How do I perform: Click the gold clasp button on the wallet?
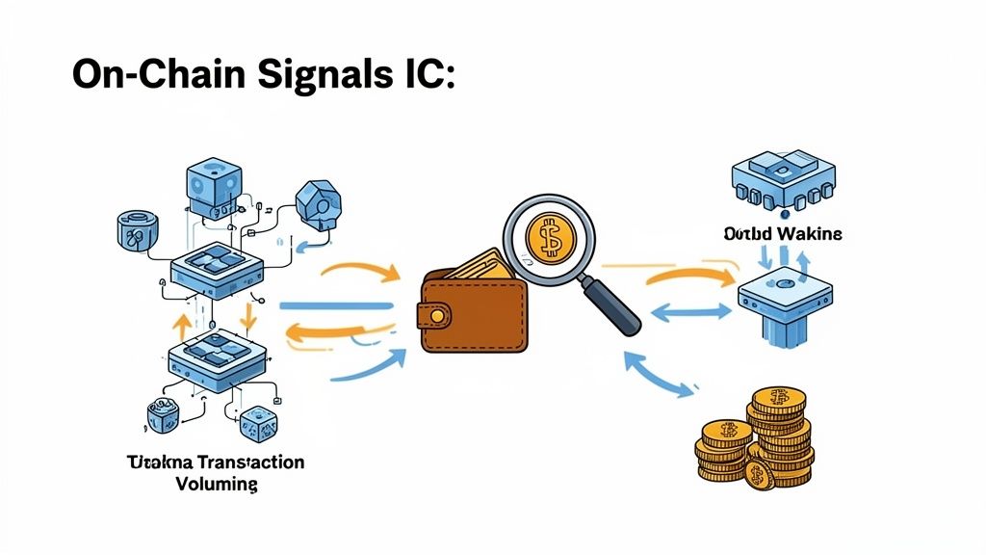point(438,316)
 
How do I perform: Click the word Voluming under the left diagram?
point(218,484)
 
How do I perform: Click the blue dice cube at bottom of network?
point(259,421)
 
